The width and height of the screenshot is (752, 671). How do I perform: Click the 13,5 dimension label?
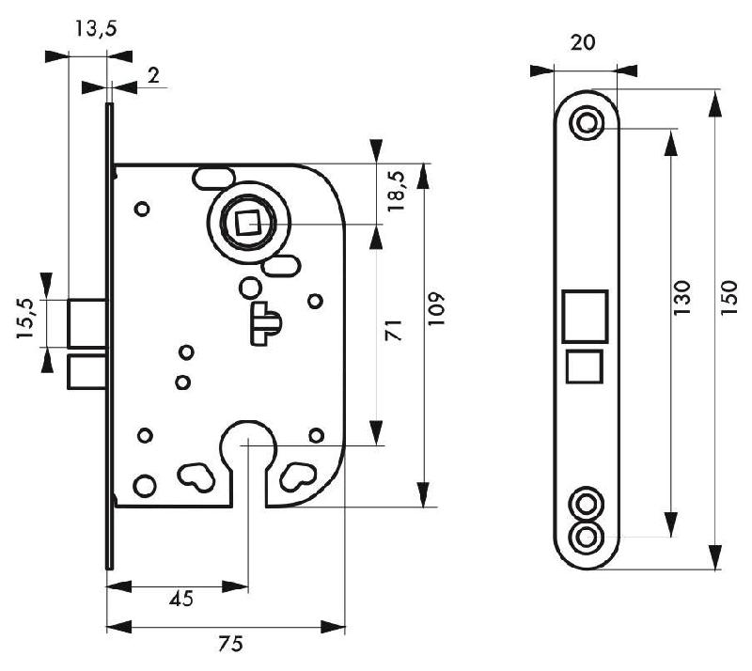pos(94,29)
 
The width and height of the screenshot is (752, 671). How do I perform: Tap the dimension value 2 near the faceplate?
pos(153,76)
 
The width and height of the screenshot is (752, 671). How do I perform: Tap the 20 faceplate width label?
pos(582,43)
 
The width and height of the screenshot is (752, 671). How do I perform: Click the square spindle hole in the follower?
pos(248,225)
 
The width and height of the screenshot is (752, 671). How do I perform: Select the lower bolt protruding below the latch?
pos(88,371)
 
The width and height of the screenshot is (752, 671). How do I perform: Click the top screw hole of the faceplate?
pos(589,123)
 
